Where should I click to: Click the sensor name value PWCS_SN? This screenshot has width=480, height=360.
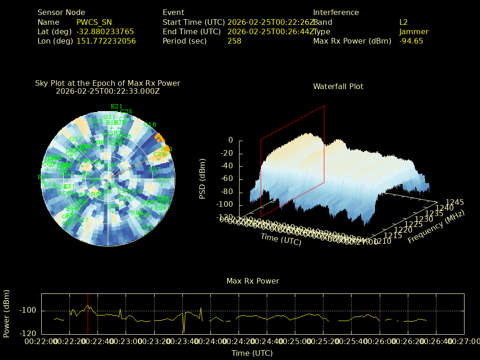pos(94,22)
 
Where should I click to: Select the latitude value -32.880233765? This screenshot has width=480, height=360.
pos(105,31)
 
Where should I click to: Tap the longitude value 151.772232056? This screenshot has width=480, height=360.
pos(106,41)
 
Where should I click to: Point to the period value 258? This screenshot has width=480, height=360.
pos(234,41)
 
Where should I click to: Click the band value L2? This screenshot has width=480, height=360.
pos(404,22)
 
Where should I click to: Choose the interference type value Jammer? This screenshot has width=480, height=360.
pos(414,31)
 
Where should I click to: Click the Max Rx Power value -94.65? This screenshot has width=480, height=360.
pos(411,41)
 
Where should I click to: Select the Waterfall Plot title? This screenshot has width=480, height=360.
pos(338,86)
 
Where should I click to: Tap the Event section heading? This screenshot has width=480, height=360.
pos(173,13)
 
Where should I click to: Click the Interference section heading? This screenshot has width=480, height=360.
pos(336,13)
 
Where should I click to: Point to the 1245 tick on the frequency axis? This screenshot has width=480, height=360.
pos(455,202)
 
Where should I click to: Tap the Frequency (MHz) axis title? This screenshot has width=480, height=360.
pos(436,227)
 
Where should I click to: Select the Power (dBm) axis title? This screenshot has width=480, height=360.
pos(7,313)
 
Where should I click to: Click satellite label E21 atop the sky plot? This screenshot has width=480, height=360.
pos(117,106)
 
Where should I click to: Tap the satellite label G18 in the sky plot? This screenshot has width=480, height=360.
pos(150,125)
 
